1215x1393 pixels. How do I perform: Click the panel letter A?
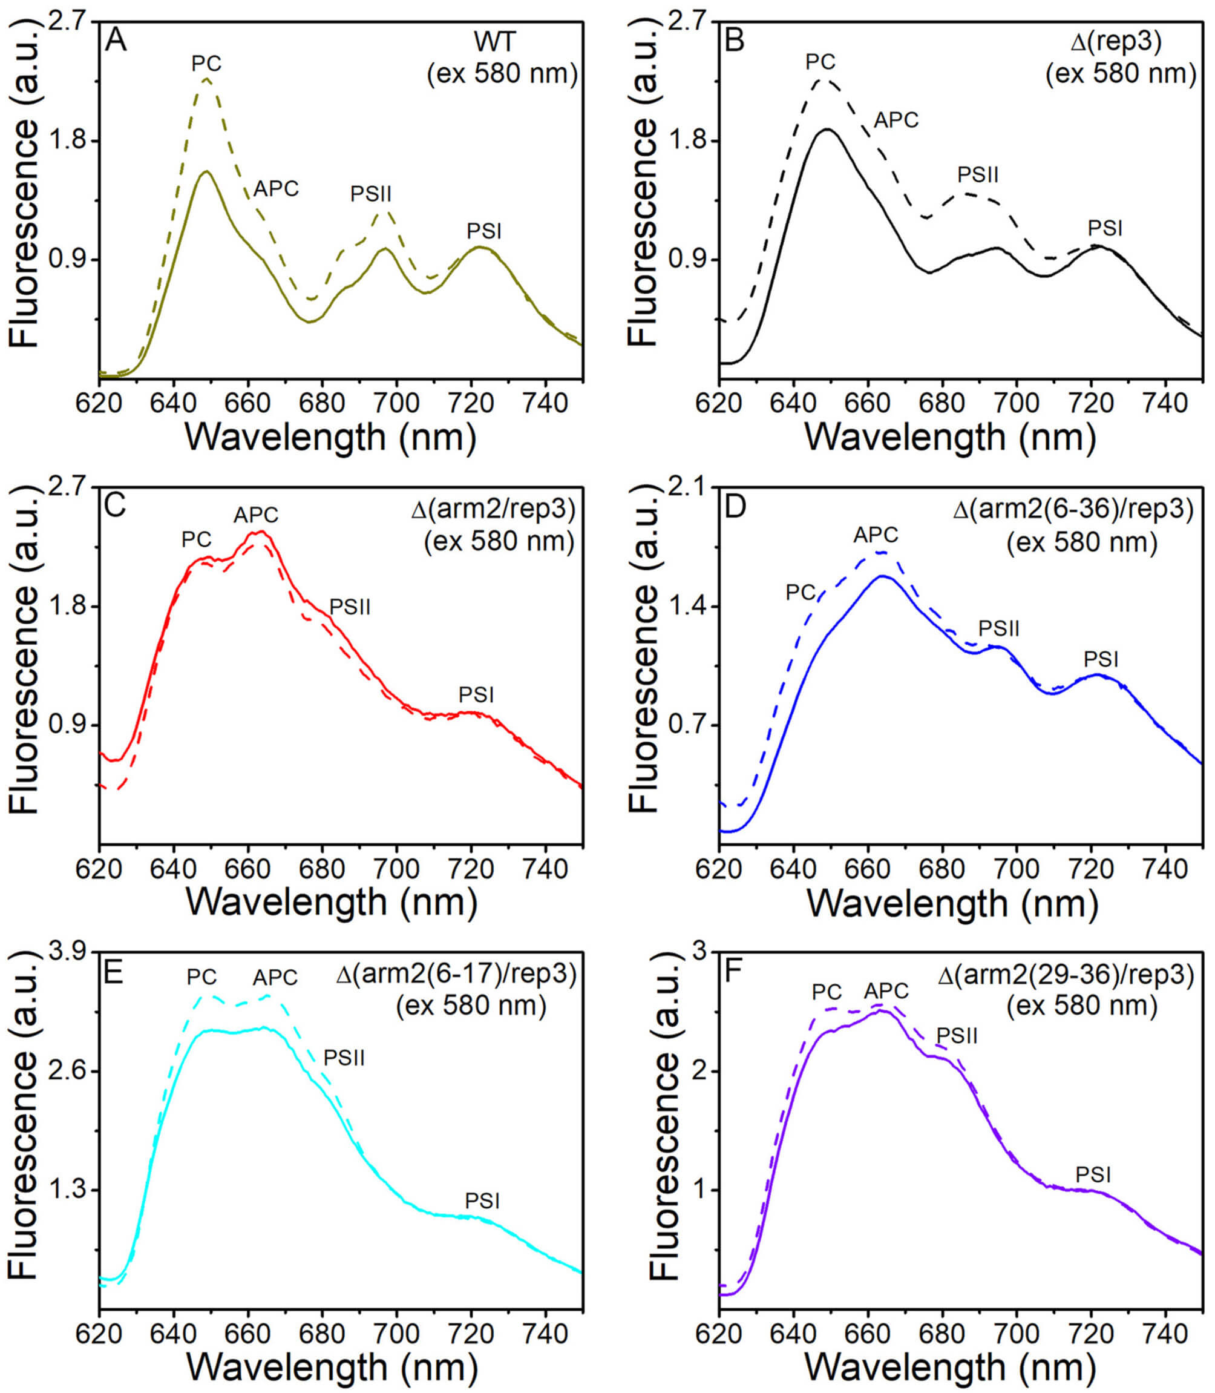click(x=116, y=41)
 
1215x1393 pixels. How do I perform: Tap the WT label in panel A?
click(x=495, y=41)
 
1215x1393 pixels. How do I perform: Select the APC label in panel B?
click(x=896, y=120)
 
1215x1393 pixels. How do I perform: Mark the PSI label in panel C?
click(x=476, y=694)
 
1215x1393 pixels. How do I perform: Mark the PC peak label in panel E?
click(x=201, y=976)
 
